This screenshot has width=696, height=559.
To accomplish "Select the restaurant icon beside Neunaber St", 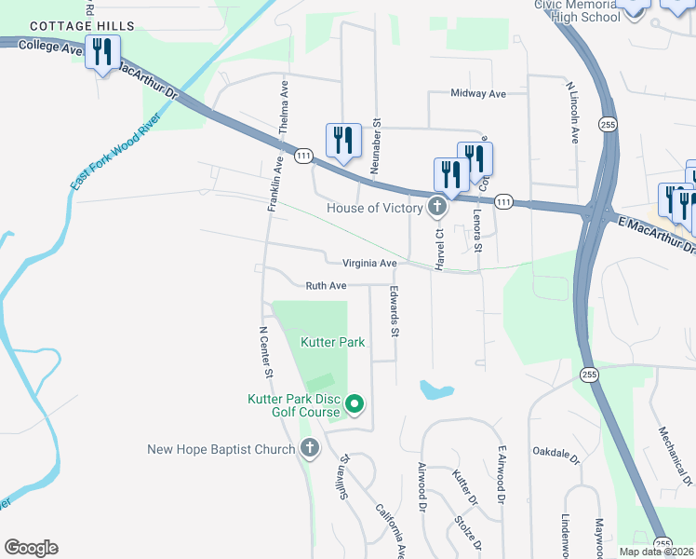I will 342,141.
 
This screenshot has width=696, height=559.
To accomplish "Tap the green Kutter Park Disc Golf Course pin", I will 355,404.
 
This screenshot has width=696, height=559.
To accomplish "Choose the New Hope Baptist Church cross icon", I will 310,449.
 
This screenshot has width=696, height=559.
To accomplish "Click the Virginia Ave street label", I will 369,264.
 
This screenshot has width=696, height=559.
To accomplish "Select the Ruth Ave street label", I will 326,286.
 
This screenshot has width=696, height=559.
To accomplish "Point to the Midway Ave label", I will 477,94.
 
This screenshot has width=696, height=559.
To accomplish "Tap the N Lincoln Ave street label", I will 574,112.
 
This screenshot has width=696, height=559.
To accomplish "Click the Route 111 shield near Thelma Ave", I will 303,157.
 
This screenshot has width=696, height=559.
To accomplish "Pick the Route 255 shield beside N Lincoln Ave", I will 608,125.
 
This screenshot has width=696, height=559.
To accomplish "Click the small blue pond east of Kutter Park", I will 435,389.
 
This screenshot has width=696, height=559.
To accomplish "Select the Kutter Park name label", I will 332,342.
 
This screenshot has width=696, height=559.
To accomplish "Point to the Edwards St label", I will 395,311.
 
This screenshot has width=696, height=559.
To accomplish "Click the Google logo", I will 31,548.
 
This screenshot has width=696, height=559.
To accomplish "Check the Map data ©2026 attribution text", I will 656,552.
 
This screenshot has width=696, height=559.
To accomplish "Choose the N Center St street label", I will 265,352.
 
